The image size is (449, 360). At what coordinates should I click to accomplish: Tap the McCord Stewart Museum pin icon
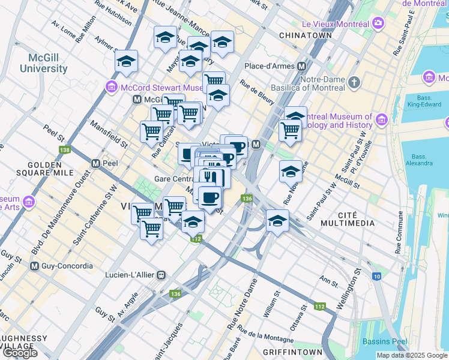pos(111,88)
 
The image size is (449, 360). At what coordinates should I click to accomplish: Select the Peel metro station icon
pos(95,163)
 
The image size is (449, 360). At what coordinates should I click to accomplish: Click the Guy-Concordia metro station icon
pos(34,266)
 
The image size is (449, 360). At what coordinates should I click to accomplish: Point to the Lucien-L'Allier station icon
pos(161,274)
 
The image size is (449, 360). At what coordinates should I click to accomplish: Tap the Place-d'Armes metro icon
pos(301,66)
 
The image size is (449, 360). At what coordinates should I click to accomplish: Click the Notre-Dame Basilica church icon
pos(355,81)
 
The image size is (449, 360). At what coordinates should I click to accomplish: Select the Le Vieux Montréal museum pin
pos(378,23)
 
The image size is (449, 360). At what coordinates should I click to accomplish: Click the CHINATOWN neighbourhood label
pos(306,36)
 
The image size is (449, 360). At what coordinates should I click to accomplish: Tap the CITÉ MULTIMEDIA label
pos(348,217)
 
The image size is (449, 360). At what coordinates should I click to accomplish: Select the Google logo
pos(19,352)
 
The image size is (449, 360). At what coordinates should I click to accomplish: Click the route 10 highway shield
pos(376,276)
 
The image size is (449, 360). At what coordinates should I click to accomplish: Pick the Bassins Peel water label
pos(384,341)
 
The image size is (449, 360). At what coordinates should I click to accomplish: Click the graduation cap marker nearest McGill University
pos(127,61)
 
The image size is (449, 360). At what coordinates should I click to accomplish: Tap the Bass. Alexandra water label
pos(418,159)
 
